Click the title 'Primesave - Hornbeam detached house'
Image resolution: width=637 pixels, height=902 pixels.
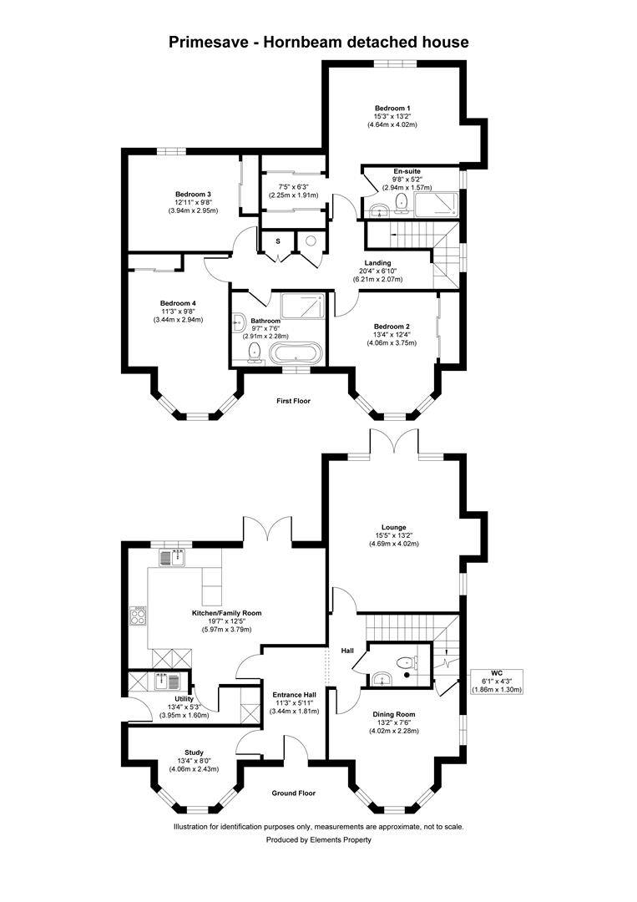click(x=318, y=41)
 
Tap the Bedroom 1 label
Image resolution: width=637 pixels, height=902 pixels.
click(x=392, y=108)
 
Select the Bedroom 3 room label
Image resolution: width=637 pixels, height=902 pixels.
click(x=192, y=195)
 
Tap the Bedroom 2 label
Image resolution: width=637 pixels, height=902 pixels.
click(x=392, y=327)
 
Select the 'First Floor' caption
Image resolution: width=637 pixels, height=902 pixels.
click(x=293, y=401)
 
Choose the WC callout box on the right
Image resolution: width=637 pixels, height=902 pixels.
click(x=496, y=680)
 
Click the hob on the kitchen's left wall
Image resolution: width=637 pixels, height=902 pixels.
click(x=137, y=618)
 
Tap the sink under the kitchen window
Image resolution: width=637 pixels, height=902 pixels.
click(x=175, y=557)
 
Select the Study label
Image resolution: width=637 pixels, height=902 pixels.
click(x=194, y=753)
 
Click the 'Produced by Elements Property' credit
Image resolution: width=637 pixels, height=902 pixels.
click(x=318, y=839)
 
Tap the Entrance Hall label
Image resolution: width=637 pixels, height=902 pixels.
click(x=293, y=694)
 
